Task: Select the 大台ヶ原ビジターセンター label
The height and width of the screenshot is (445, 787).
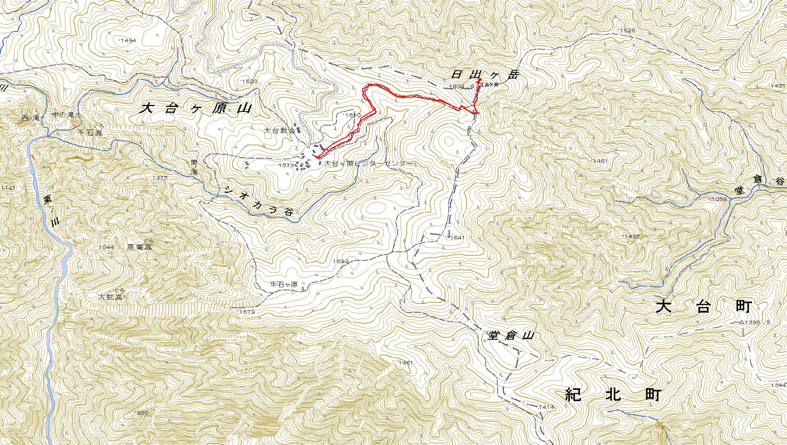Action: [367, 164]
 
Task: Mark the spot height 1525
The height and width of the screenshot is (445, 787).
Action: [627, 30]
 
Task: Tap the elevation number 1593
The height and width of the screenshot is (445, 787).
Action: [340, 262]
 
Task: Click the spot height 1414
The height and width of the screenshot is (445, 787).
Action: [546, 407]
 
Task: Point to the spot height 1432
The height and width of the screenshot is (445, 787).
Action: [632, 236]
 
